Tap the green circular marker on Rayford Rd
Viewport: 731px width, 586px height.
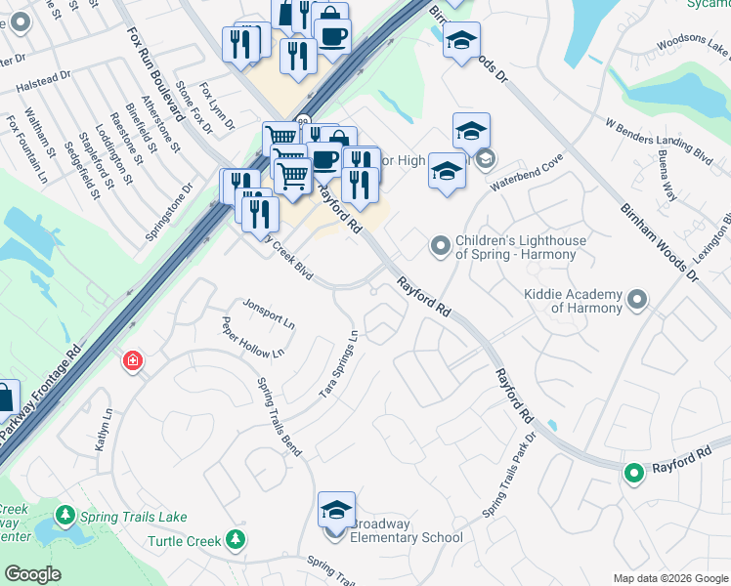[x=633, y=474]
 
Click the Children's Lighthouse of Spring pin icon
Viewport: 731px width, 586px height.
[x=441, y=246]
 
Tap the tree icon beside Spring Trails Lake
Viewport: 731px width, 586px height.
[x=65, y=515]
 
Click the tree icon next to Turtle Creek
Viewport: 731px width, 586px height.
[x=235, y=539]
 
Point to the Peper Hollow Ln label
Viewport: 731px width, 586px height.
[x=252, y=339]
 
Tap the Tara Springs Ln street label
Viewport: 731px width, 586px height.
[x=340, y=363]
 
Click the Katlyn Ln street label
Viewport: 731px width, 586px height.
[x=104, y=430]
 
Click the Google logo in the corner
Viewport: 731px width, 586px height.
[x=33, y=574]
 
